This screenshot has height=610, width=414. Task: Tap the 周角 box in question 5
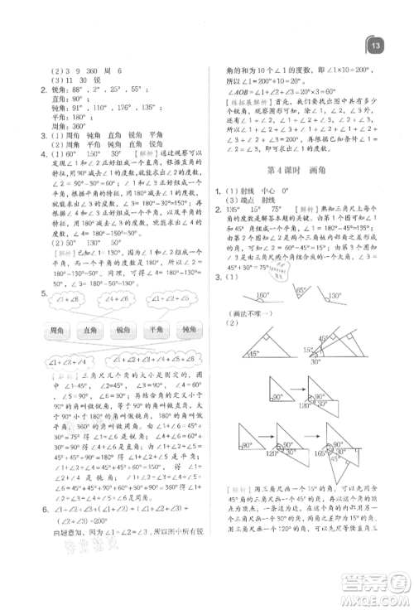(x=56, y=332)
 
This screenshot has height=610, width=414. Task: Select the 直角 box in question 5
(x=94, y=332)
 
